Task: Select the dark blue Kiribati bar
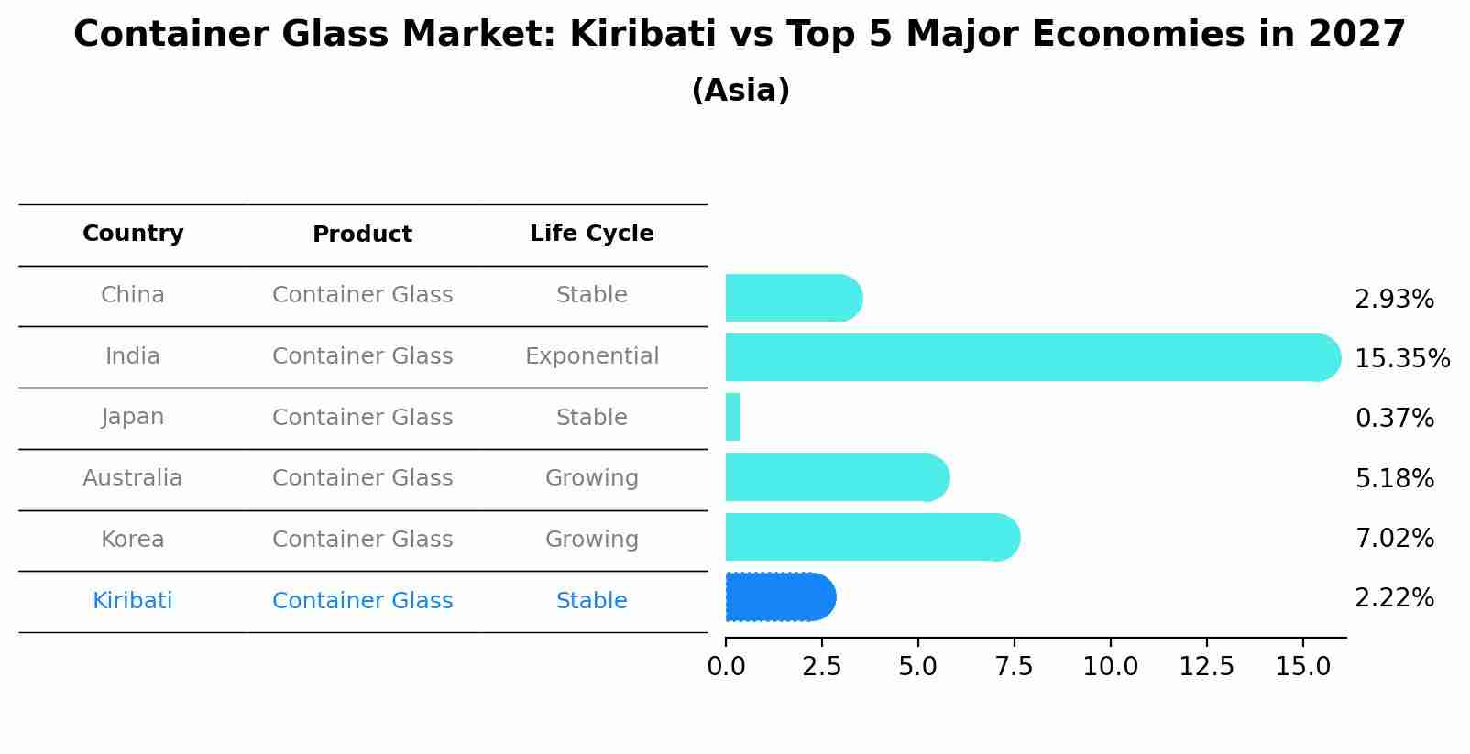[x=780, y=597]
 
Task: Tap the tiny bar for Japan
[x=733, y=418]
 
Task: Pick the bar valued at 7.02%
[x=872, y=538]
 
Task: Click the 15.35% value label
[x=1401, y=359]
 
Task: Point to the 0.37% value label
[x=1394, y=419]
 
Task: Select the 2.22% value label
[x=1394, y=598]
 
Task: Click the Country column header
[x=133, y=234]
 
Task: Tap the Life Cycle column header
[x=591, y=234]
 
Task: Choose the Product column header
[x=362, y=235]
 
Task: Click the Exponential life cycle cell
[x=591, y=356]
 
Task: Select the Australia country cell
[x=133, y=478]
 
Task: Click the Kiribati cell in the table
[x=133, y=601]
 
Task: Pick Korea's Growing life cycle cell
[x=591, y=540]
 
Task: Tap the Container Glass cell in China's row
[x=362, y=295]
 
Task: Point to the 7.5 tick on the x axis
[x=1014, y=667]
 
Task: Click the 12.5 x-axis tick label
[x=1206, y=667]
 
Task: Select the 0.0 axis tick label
[x=726, y=667]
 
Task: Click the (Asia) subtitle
[x=740, y=91]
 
